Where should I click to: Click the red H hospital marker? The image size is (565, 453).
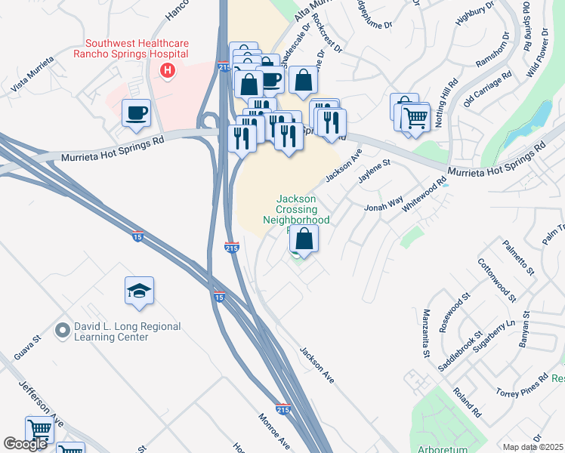click(x=168, y=71)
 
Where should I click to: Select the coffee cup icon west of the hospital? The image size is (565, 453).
click(x=137, y=113)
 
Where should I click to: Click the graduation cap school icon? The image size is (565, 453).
click(x=140, y=291)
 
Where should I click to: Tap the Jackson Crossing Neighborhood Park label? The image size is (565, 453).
click(x=296, y=209)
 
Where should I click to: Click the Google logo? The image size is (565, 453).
click(x=26, y=444)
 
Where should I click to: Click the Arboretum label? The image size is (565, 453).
click(x=443, y=448)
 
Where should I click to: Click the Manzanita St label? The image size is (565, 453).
click(x=426, y=333)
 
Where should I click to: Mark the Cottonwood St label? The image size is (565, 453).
click(x=496, y=279)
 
